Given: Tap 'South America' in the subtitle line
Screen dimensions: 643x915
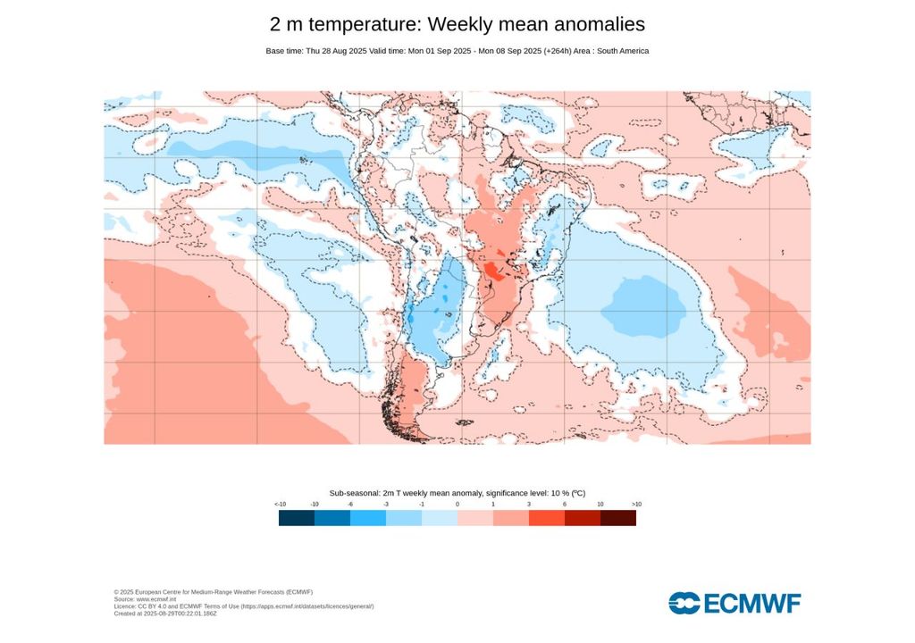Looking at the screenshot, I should [x=622, y=51].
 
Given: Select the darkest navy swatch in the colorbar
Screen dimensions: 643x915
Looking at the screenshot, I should [x=297, y=518].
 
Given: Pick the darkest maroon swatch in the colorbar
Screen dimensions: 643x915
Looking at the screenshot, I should [x=618, y=518].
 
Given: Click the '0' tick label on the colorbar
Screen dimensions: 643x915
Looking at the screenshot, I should [x=457, y=505].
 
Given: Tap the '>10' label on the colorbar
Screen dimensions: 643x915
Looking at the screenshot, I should [x=635, y=505].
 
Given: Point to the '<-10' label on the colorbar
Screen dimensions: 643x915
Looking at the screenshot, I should [x=280, y=505].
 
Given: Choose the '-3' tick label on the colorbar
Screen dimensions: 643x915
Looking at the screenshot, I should [x=386, y=505].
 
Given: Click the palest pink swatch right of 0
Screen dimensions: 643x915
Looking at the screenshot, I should [x=475, y=518].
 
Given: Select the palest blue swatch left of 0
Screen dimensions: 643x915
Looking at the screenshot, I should [x=440, y=518].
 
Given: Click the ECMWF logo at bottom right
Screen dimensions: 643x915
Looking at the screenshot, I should [x=735, y=603].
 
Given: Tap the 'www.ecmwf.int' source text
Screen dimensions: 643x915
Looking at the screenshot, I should [x=154, y=599].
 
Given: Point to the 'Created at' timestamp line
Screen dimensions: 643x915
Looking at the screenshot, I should [x=165, y=614].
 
